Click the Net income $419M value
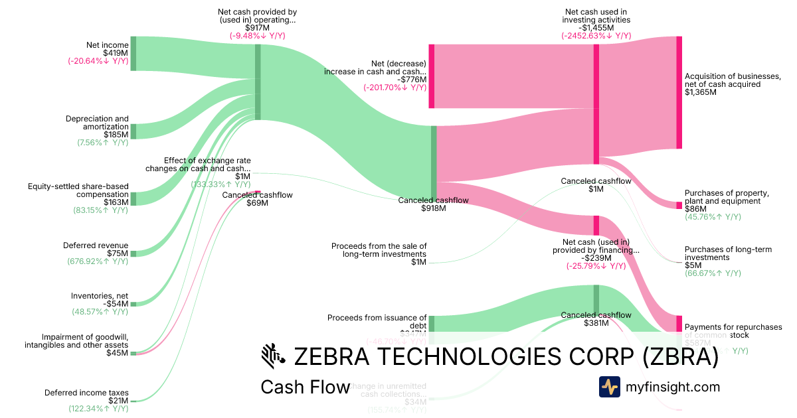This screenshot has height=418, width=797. click(116, 53)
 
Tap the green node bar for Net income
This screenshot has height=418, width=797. click(133, 53)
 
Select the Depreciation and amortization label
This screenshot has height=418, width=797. click(97, 123)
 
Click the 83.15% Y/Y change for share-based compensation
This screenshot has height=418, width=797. click(100, 210)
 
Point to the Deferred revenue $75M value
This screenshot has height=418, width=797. click(119, 253)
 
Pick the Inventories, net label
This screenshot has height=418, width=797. click(100, 296)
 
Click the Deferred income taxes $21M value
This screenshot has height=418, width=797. click(119, 401)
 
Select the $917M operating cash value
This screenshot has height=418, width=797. click(257, 28)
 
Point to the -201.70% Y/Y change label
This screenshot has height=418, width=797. click(395, 88)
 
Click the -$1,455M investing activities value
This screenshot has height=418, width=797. click(596, 28)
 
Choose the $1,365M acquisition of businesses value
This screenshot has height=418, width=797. click(701, 92)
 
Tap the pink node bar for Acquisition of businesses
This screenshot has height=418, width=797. click(679, 92)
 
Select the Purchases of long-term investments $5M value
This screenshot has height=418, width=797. click(691, 265)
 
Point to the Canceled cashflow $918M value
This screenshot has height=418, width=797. click(433, 208)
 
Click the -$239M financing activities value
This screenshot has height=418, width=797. click(596, 258)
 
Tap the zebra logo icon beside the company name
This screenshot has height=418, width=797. click(273, 356)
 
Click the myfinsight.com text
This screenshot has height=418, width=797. click(673, 387)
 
